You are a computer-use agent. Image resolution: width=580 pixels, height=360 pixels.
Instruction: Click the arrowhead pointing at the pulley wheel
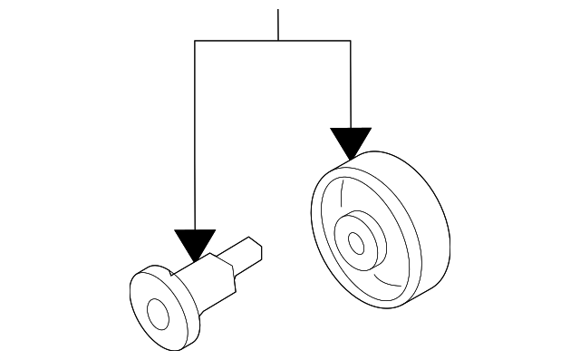(x=351, y=143)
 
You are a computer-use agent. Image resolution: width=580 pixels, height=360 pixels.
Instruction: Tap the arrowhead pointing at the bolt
(x=195, y=245)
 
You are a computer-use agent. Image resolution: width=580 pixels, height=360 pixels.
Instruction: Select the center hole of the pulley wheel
(x=356, y=243)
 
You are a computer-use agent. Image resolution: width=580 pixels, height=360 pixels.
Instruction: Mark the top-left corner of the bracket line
(x=195, y=41)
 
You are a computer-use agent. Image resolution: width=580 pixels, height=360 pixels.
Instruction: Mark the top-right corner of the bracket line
(x=351, y=41)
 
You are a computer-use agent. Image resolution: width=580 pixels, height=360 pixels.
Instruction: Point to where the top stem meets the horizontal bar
(x=278, y=41)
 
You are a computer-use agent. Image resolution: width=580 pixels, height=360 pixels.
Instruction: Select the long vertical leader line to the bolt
(x=195, y=136)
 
